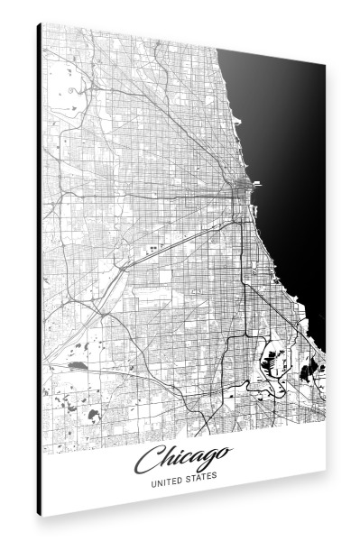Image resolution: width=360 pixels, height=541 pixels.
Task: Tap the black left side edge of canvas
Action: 40,270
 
